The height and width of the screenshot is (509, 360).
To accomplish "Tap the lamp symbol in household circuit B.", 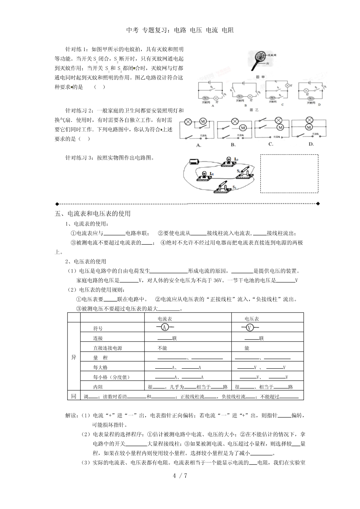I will click(235, 121).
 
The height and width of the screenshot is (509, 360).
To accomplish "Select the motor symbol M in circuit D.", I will click(309, 127).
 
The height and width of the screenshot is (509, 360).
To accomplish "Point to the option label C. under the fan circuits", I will click(271, 144).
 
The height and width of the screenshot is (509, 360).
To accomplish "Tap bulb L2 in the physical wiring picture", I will click(229, 160).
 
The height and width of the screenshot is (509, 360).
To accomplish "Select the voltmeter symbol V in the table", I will click(250, 327).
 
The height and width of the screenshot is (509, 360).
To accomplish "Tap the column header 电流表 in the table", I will click(165, 319).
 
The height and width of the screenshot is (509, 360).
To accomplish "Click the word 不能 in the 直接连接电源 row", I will click(162, 348).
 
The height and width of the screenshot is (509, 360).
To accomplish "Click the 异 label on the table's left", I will click(73, 357).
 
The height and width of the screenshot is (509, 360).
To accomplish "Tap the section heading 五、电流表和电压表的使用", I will click(93, 213).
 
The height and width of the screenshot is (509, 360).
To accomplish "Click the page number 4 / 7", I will click(180, 475).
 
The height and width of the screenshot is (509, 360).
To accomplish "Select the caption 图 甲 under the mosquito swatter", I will click(258, 76).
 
